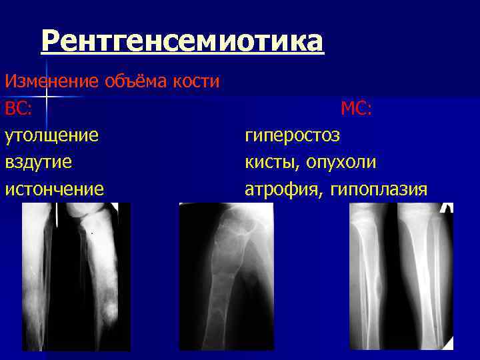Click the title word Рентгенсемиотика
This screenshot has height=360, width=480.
(182, 42)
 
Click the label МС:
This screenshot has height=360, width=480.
(356, 108)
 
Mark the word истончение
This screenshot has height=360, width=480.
(54, 189)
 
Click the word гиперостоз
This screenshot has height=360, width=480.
(292, 135)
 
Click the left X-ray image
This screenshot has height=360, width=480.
(75, 277)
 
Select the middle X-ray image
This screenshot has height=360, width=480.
(226, 277)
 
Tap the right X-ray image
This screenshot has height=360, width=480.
(401, 277)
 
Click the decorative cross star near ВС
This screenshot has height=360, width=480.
(45, 97)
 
